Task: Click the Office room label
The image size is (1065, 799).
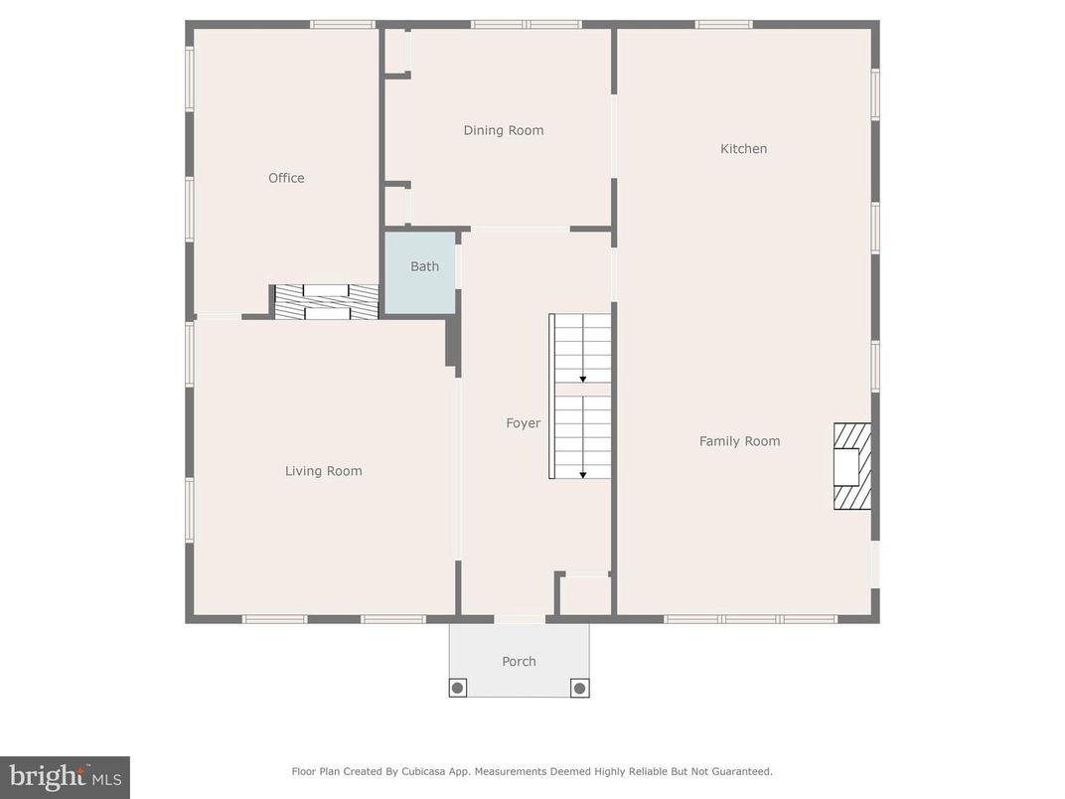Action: pyautogui.click(x=286, y=178)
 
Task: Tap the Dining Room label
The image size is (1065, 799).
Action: pyautogui.click(x=504, y=130)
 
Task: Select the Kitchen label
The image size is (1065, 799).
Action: pyautogui.click(x=743, y=149)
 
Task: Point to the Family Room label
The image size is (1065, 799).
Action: pyautogui.click(x=739, y=441)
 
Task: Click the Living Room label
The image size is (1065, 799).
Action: pyautogui.click(x=323, y=471)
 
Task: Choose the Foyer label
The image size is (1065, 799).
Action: pyautogui.click(x=524, y=423)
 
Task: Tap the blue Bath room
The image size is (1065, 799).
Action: pyautogui.click(x=421, y=273)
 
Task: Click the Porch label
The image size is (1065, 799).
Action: pyautogui.click(x=519, y=661)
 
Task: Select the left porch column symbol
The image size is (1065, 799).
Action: pyautogui.click(x=458, y=687)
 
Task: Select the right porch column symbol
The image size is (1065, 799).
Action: pyautogui.click(x=579, y=687)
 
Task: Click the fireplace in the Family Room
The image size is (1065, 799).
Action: pyautogui.click(x=851, y=466)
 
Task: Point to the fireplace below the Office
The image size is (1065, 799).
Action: pyautogui.click(x=326, y=302)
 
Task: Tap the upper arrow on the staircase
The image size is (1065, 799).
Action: pyautogui.click(x=583, y=378)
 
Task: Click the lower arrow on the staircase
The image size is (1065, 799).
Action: pyautogui.click(x=583, y=473)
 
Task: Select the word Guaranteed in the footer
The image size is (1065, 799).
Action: pyautogui.click(x=740, y=771)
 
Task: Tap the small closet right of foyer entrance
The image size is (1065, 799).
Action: pyautogui.click(x=586, y=595)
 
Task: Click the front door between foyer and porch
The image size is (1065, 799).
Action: pyautogui.click(x=520, y=619)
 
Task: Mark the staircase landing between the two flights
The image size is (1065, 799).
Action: pyautogui.click(x=583, y=390)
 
